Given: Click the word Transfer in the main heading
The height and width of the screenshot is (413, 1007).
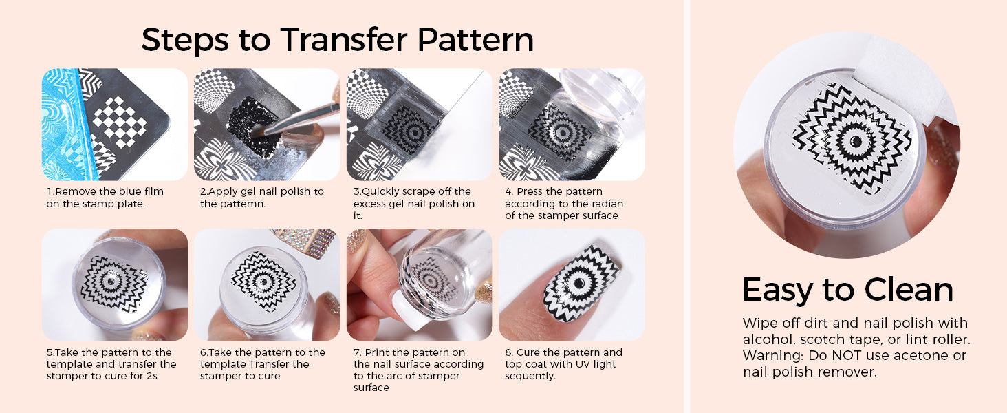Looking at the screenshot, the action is pyautogui.click(x=343, y=40).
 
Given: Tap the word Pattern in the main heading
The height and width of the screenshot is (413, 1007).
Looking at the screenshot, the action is pyautogui.click(x=475, y=40).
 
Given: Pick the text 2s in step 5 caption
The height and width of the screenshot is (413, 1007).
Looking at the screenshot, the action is pyautogui.click(x=152, y=376).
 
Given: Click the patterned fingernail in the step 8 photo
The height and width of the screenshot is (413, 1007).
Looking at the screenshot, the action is pyautogui.click(x=580, y=284).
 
